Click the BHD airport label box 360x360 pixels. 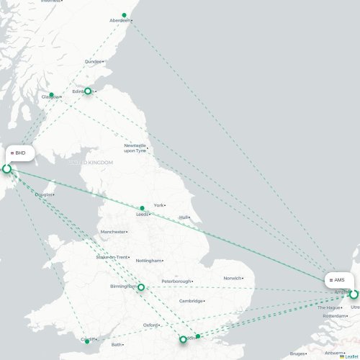21,153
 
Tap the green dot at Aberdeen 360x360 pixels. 125,15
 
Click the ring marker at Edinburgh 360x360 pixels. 88,91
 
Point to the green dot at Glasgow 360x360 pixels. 51,95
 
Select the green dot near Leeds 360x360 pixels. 143,208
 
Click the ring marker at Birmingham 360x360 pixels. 141,287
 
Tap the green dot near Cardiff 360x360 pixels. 87,342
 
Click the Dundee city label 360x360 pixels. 94,62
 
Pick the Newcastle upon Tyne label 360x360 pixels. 135,148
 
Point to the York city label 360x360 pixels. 159,205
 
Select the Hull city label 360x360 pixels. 184,217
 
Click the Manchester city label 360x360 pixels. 113,232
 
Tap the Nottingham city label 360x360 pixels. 148,261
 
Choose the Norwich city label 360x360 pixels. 232,278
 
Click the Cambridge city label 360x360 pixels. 192,301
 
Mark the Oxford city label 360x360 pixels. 150,325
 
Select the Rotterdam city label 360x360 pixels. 335,316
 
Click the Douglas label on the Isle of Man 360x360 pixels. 43,194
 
